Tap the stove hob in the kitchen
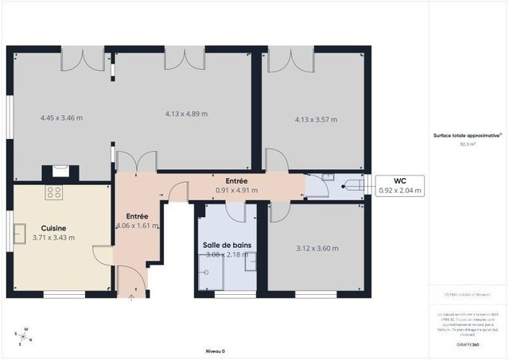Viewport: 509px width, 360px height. [53, 192]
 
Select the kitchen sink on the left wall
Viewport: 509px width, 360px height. [17, 232]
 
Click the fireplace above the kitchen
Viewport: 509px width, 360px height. [60, 172]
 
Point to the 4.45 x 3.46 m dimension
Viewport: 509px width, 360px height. [61, 118]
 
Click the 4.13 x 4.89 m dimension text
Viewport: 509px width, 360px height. [185, 114]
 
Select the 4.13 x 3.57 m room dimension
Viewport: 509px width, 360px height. [316, 120]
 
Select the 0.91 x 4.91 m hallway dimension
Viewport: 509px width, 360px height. [238, 191]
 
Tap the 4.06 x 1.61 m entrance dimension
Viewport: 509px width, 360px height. [137, 226]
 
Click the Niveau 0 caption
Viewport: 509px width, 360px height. [216, 350]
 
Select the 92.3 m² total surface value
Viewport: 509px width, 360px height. [468, 145]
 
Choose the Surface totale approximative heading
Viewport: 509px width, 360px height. [468, 136]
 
